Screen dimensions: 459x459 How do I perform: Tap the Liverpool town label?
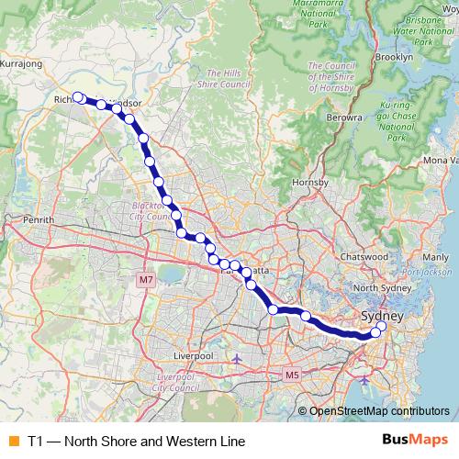tap(194, 354)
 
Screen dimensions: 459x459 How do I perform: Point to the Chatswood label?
tap(363, 257)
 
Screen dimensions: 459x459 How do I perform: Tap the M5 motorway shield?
tap(292, 375)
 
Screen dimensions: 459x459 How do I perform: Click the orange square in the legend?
tap(13, 441)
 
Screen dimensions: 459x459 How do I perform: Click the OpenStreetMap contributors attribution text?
tap(378, 411)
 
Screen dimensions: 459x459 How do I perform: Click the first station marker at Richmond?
tap(79, 97)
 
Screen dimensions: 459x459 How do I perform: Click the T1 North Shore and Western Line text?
tap(137, 441)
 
